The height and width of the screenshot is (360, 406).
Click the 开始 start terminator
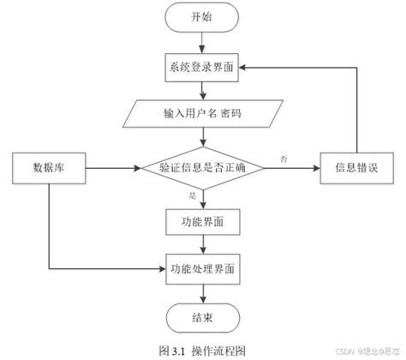[203, 17]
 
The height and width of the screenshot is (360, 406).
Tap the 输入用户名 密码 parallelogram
[203, 112]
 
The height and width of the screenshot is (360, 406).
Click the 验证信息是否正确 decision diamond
[203, 168]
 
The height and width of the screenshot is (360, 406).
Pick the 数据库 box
[48, 168]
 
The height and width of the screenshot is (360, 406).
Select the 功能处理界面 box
[203, 268]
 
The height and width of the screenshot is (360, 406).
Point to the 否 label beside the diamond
[283, 159]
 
